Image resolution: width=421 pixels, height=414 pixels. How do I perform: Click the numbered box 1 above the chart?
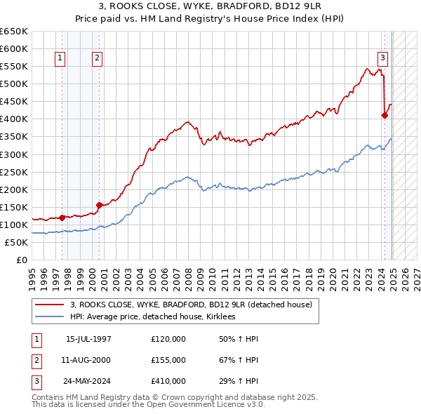tap(60, 58)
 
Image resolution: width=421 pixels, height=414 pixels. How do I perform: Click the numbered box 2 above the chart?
tap(97, 58)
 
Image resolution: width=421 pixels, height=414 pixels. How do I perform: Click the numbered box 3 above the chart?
tap(383, 58)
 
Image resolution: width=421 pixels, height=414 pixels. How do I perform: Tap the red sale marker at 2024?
tap(385, 115)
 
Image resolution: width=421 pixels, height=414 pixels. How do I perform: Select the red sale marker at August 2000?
tap(100, 205)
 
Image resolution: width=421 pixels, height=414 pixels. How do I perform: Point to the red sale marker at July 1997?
tap(62, 218)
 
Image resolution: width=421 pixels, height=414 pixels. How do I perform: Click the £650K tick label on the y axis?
tap(14, 32)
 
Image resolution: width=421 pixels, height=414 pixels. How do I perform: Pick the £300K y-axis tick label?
tap(14, 154)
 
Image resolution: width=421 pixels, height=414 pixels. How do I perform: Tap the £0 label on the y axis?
tap(21, 260)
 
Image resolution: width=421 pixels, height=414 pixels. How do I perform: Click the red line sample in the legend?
tap(51, 305)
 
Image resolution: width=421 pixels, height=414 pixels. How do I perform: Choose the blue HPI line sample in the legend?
tap(51, 316)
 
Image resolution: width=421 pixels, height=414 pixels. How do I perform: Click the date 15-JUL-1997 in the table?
tap(88, 339)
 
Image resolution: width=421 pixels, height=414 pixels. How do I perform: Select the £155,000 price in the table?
tap(168, 360)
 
